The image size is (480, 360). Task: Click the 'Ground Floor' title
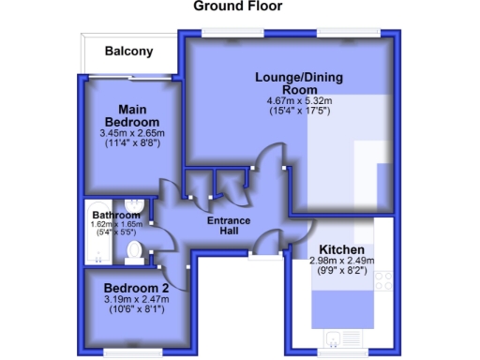point(237,7)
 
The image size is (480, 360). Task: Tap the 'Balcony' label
point(128,52)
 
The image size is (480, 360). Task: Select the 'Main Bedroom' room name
point(130,114)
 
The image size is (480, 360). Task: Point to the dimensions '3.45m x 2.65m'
point(131,133)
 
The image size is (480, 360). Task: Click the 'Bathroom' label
point(110,215)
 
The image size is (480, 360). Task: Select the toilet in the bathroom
point(135,249)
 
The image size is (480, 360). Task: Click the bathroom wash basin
point(135,205)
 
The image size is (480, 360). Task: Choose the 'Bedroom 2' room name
point(137,287)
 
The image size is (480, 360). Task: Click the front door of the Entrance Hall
point(265,251)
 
